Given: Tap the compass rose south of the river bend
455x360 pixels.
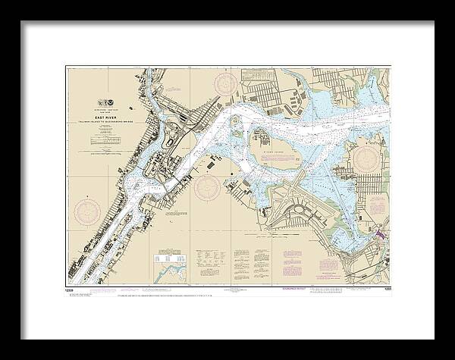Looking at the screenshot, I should pyautogui.click(x=208, y=187).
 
